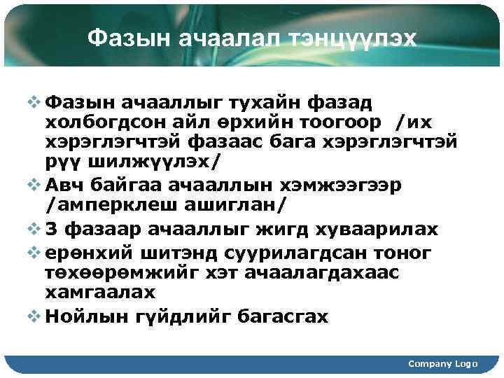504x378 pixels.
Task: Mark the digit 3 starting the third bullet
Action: tap(51, 228)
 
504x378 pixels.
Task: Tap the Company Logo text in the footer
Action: tap(442, 364)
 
